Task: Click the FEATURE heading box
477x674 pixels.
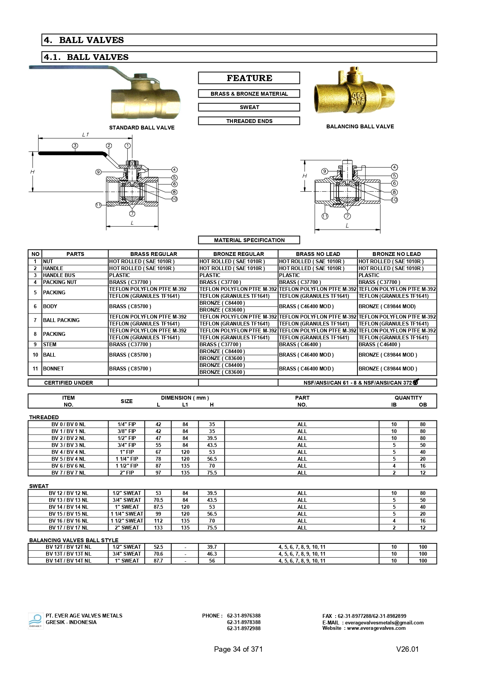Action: point(249,78)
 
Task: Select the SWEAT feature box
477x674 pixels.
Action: point(249,107)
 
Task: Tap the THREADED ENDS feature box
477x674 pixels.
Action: point(249,121)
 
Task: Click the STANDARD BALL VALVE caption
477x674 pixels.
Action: point(142,128)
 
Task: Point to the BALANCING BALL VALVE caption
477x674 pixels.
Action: point(360,126)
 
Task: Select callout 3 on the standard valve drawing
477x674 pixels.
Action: point(75,146)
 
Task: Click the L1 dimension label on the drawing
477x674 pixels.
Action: point(85,135)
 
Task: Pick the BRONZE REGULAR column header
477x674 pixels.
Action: point(238,254)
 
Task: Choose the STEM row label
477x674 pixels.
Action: point(50,344)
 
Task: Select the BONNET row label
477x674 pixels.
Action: point(53,369)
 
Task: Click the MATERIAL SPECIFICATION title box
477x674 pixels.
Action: point(249,240)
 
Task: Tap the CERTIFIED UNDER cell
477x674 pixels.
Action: point(68,383)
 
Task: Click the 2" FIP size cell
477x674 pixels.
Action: point(127,473)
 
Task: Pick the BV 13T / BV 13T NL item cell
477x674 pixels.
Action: point(68,554)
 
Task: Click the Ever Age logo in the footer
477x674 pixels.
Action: point(35,621)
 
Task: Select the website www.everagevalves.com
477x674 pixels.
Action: point(376,628)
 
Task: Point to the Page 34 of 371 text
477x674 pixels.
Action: point(238,649)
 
